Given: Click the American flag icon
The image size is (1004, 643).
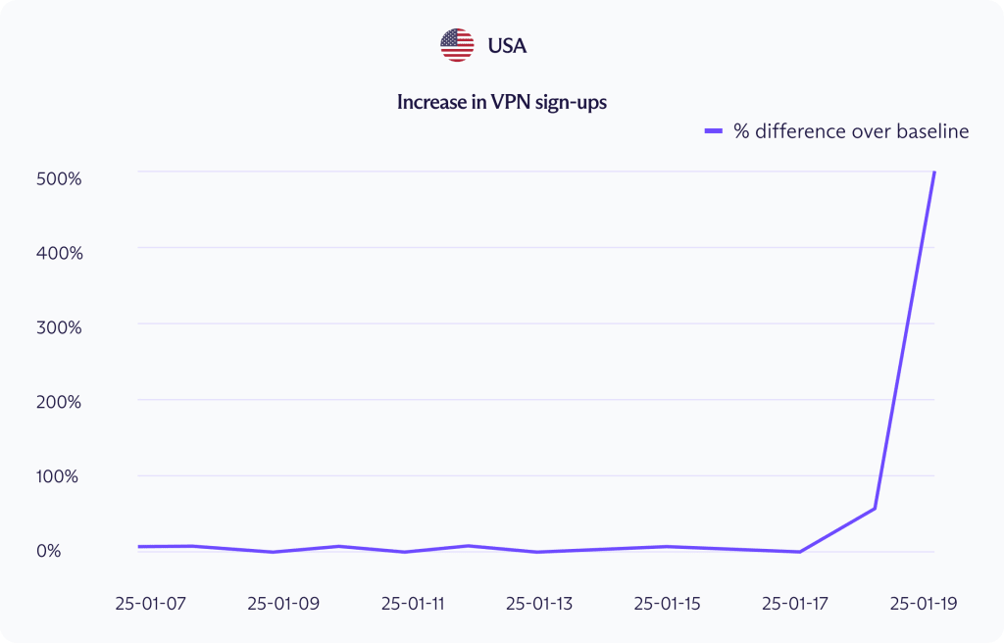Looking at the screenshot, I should (457, 45).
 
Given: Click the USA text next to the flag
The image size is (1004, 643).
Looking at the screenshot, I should (507, 45).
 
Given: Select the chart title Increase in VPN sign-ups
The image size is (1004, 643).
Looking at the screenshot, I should (501, 102).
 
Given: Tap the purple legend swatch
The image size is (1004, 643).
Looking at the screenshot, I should (714, 131).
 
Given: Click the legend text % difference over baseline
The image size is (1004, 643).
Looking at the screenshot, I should (851, 131).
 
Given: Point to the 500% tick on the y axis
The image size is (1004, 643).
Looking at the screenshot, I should (60, 178).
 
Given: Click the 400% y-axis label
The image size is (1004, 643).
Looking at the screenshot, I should (60, 253).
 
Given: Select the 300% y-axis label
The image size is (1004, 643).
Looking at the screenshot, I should (60, 327).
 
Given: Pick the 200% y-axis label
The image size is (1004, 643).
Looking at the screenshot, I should (60, 402).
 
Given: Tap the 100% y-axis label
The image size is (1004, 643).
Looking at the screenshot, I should (60, 476).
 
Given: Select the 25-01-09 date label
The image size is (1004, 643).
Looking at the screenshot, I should (283, 604).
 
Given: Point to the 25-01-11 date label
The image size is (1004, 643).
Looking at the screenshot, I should (412, 604).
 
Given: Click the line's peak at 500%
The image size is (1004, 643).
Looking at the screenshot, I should (934, 173).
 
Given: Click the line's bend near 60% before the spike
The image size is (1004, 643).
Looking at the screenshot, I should (875, 508).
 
